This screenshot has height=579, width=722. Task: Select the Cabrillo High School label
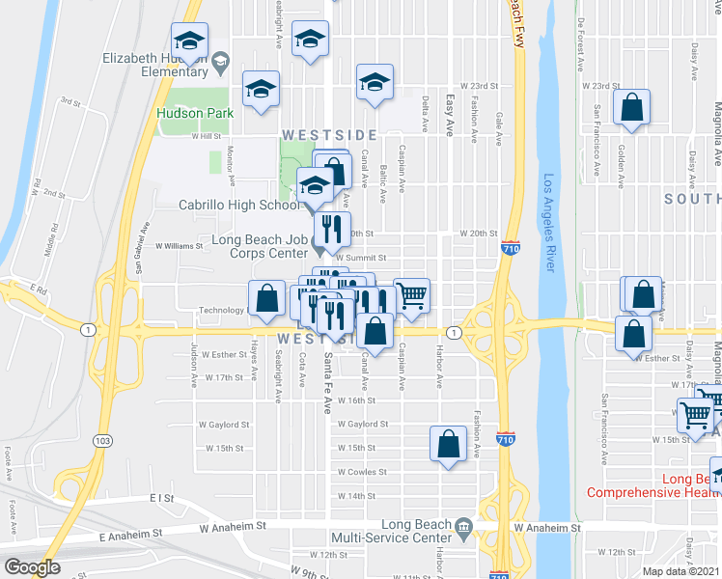pyautogui.click(x=239, y=205)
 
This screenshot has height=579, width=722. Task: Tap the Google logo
pyautogui.click(x=33, y=567)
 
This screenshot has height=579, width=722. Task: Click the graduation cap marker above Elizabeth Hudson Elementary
pyautogui.click(x=189, y=40)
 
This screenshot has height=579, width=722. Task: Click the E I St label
pyautogui.click(x=160, y=498)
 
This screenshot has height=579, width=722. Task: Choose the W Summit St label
pyautogui.click(x=361, y=259)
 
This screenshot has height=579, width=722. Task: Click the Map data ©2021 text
pyautogui.click(x=681, y=570)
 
